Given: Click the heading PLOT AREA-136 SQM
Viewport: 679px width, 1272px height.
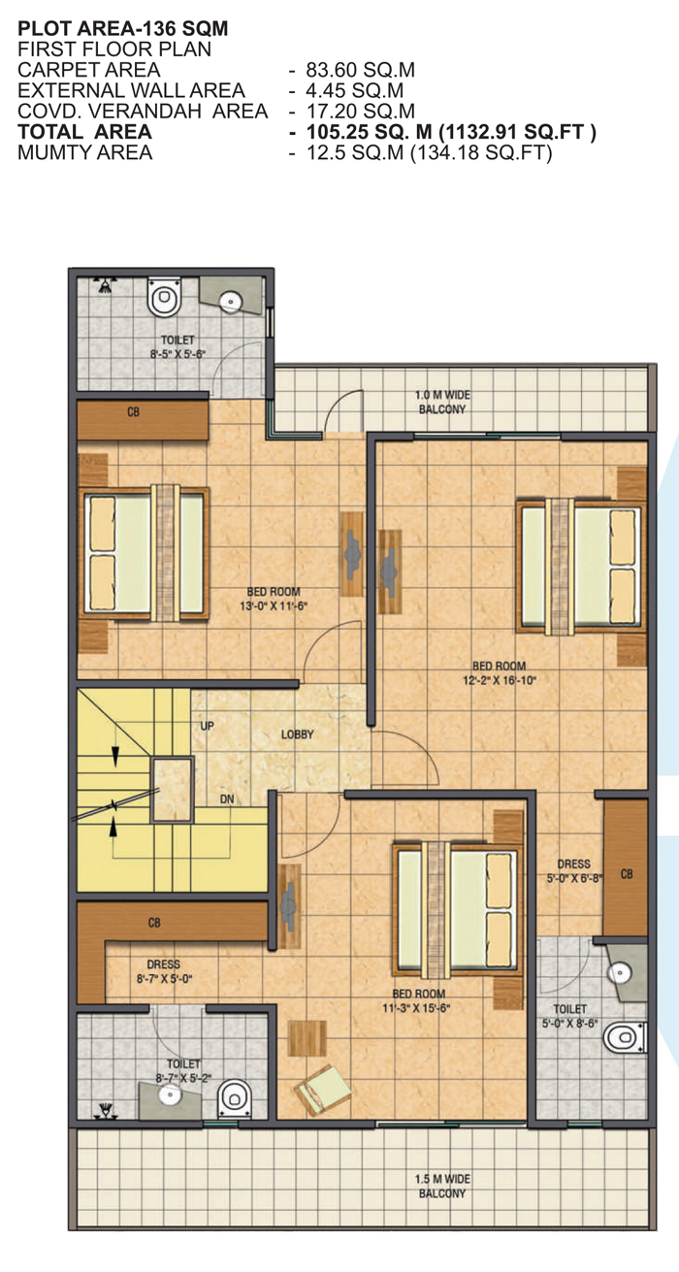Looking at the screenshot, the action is coord(122,28).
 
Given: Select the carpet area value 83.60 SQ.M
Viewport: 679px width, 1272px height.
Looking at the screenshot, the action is coord(361,70).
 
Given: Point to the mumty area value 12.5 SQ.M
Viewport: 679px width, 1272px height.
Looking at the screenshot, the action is coord(355,152).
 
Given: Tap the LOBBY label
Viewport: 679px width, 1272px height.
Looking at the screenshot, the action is coord(297,734).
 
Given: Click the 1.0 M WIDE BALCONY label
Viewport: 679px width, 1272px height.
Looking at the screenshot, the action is coord(442,402).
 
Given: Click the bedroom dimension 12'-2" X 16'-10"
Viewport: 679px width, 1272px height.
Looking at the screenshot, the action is coord(499,680).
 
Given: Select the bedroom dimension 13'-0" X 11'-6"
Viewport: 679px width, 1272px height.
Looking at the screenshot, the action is coord(274,605).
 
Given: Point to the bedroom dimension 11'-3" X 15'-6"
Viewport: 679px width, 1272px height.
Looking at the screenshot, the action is coord(416,1008).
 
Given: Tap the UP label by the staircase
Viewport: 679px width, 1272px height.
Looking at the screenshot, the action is coord(208,726).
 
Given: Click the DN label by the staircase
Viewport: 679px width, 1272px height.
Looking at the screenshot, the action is coord(227,799).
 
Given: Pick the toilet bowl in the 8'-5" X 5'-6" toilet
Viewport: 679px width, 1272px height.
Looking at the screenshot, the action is coord(164,297).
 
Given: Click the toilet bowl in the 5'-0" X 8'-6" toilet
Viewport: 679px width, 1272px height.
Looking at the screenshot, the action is coord(625,1037).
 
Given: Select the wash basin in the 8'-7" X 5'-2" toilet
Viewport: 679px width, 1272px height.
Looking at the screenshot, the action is coord(169,1093).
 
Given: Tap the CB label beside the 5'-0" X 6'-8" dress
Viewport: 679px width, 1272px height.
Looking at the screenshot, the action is coord(627,874).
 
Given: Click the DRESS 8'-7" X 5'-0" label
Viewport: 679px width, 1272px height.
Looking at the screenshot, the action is coord(164,971).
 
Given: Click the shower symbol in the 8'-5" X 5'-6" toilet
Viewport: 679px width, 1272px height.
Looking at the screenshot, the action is coord(105,285).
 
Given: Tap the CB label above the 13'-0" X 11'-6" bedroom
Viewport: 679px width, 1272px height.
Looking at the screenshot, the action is coord(134,411).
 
